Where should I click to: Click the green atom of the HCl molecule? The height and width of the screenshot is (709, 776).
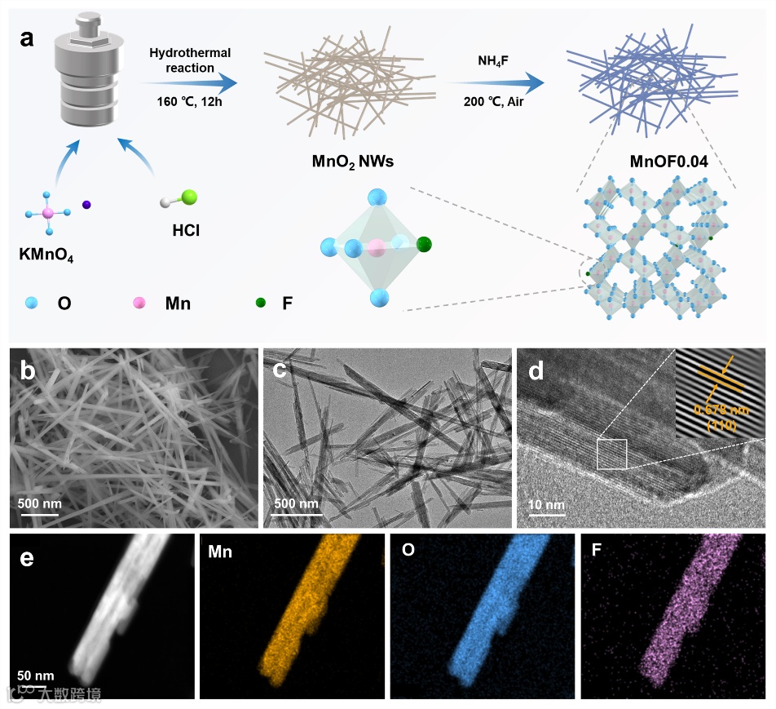pyautogui.click(x=189, y=197)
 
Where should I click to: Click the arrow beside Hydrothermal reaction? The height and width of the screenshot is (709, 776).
pyautogui.click(x=189, y=82)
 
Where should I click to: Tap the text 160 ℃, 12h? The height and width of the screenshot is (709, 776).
pyautogui.click(x=189, y=102)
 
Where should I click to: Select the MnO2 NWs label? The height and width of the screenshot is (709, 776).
pyautogui.click(x=353, y=161)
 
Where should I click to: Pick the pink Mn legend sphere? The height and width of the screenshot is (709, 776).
pyautogui.click(x=140, y=303)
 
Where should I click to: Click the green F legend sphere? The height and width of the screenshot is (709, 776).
pyautogui.click(x=260, y=303)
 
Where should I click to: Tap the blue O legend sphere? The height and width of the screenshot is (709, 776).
pyautogui.click(x=30, y=303)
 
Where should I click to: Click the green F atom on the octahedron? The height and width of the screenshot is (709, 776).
pyautogui.click(x=423, y=244)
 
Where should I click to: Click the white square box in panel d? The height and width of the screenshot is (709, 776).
pyautogui.click(x=611, y=454)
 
